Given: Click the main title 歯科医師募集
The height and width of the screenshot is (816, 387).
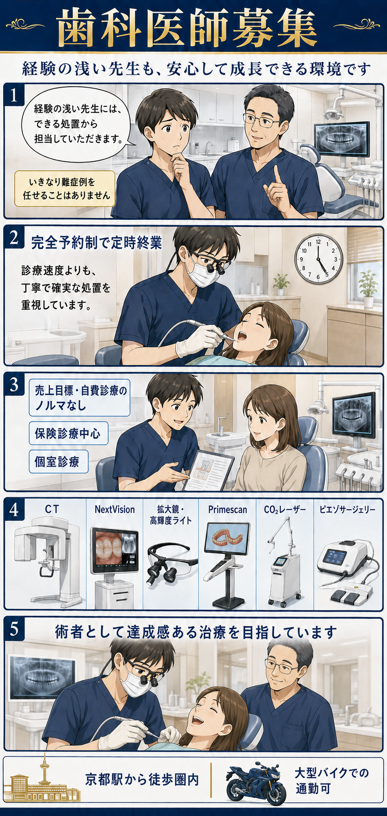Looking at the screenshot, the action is [x=187, y=28].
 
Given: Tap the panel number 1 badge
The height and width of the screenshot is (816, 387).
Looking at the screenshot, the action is [x=14, y=95].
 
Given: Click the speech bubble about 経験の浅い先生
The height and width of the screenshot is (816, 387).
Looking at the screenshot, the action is [x=77, y=124].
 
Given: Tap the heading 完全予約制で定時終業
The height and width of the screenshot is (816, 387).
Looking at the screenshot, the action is [x=96, y=243].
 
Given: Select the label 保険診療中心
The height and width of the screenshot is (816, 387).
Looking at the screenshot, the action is [x=68, y=433].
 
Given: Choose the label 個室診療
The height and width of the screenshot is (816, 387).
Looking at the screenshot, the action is [x=58, y=462].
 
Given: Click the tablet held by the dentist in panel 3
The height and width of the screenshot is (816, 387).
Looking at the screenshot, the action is [x=209, y=471].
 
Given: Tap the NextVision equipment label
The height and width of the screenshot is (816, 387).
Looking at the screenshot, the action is [x=115, y=509].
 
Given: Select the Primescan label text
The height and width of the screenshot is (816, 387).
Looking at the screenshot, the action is [x=228, y=509].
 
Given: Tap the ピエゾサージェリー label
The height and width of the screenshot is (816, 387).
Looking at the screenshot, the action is [x=348, y=509].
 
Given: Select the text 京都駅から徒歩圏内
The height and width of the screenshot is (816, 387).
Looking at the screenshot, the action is [x=142, y=779].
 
